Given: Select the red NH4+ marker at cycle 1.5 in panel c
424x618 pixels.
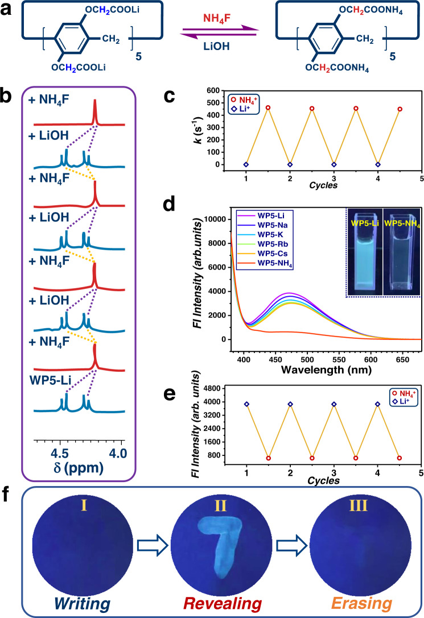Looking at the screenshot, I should pyautogui.click(x=267, y=107).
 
